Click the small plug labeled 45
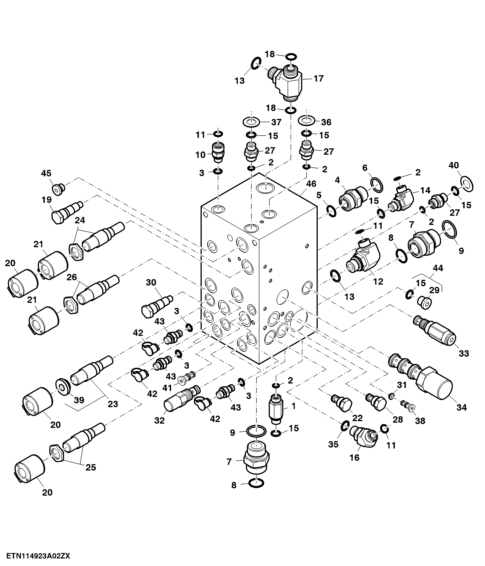(x=58, y=189)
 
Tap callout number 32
(x=159, y=420)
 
